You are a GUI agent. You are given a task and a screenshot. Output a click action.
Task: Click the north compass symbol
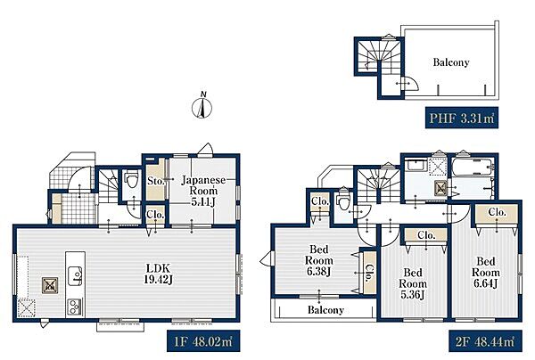[x=202, y=106]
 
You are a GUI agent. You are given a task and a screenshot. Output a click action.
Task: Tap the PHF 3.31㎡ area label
[x=462, y=118]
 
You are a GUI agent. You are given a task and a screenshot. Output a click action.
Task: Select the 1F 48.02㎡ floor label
[x=203, y=341]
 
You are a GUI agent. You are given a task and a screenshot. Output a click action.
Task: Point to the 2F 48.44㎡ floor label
[x=485, y=341]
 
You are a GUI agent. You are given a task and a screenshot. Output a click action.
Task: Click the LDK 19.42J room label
[x=158, y=274]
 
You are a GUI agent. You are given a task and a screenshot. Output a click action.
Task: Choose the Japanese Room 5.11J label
[x=203, y=191]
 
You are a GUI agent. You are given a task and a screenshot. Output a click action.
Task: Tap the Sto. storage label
[x=155, y=181]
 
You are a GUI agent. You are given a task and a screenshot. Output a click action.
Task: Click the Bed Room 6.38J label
[x=318, y=260]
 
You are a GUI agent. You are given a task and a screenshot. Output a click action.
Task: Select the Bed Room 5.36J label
[x=413, y=283]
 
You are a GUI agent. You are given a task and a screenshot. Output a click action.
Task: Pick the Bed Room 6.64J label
[x=486, y=273]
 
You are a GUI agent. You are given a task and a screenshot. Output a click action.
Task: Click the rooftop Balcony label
[x=451, y=62]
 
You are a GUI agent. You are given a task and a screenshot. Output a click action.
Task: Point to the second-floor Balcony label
[x=325, y=310]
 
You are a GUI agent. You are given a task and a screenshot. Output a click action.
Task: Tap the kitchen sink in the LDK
[x=76, y=275]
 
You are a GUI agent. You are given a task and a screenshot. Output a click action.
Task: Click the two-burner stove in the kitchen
[x=75, y=307]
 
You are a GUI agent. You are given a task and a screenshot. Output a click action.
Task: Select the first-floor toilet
[x=131, y=180]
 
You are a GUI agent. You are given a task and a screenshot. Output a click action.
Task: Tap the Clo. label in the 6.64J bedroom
[x=497, y=212]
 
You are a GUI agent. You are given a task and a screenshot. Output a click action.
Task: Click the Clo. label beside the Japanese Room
[x=155, y=215]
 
